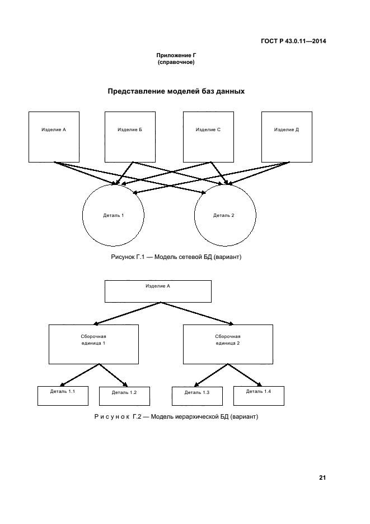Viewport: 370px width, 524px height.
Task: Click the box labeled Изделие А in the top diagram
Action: point(54,137)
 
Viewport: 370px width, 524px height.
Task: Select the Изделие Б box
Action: point(130,137)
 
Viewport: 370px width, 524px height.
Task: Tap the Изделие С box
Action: point(208,137)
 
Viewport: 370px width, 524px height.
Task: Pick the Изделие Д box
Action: point(287,137)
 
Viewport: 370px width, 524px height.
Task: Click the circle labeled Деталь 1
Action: point(113,215)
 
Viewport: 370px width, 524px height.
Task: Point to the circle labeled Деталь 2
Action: point(225,215)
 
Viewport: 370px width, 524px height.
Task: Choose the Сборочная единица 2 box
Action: point(228,344)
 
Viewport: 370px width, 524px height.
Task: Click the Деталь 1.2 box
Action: point(124,396)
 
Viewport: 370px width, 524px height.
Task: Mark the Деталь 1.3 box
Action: point(197,396)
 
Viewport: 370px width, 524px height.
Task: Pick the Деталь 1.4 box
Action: point(259,395)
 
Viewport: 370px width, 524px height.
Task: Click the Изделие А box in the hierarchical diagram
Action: point(158,291)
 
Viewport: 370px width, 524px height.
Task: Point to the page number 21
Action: point(322,478)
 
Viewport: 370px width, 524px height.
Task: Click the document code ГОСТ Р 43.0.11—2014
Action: point(293,41)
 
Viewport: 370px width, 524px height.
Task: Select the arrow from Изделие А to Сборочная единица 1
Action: point(128,313)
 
